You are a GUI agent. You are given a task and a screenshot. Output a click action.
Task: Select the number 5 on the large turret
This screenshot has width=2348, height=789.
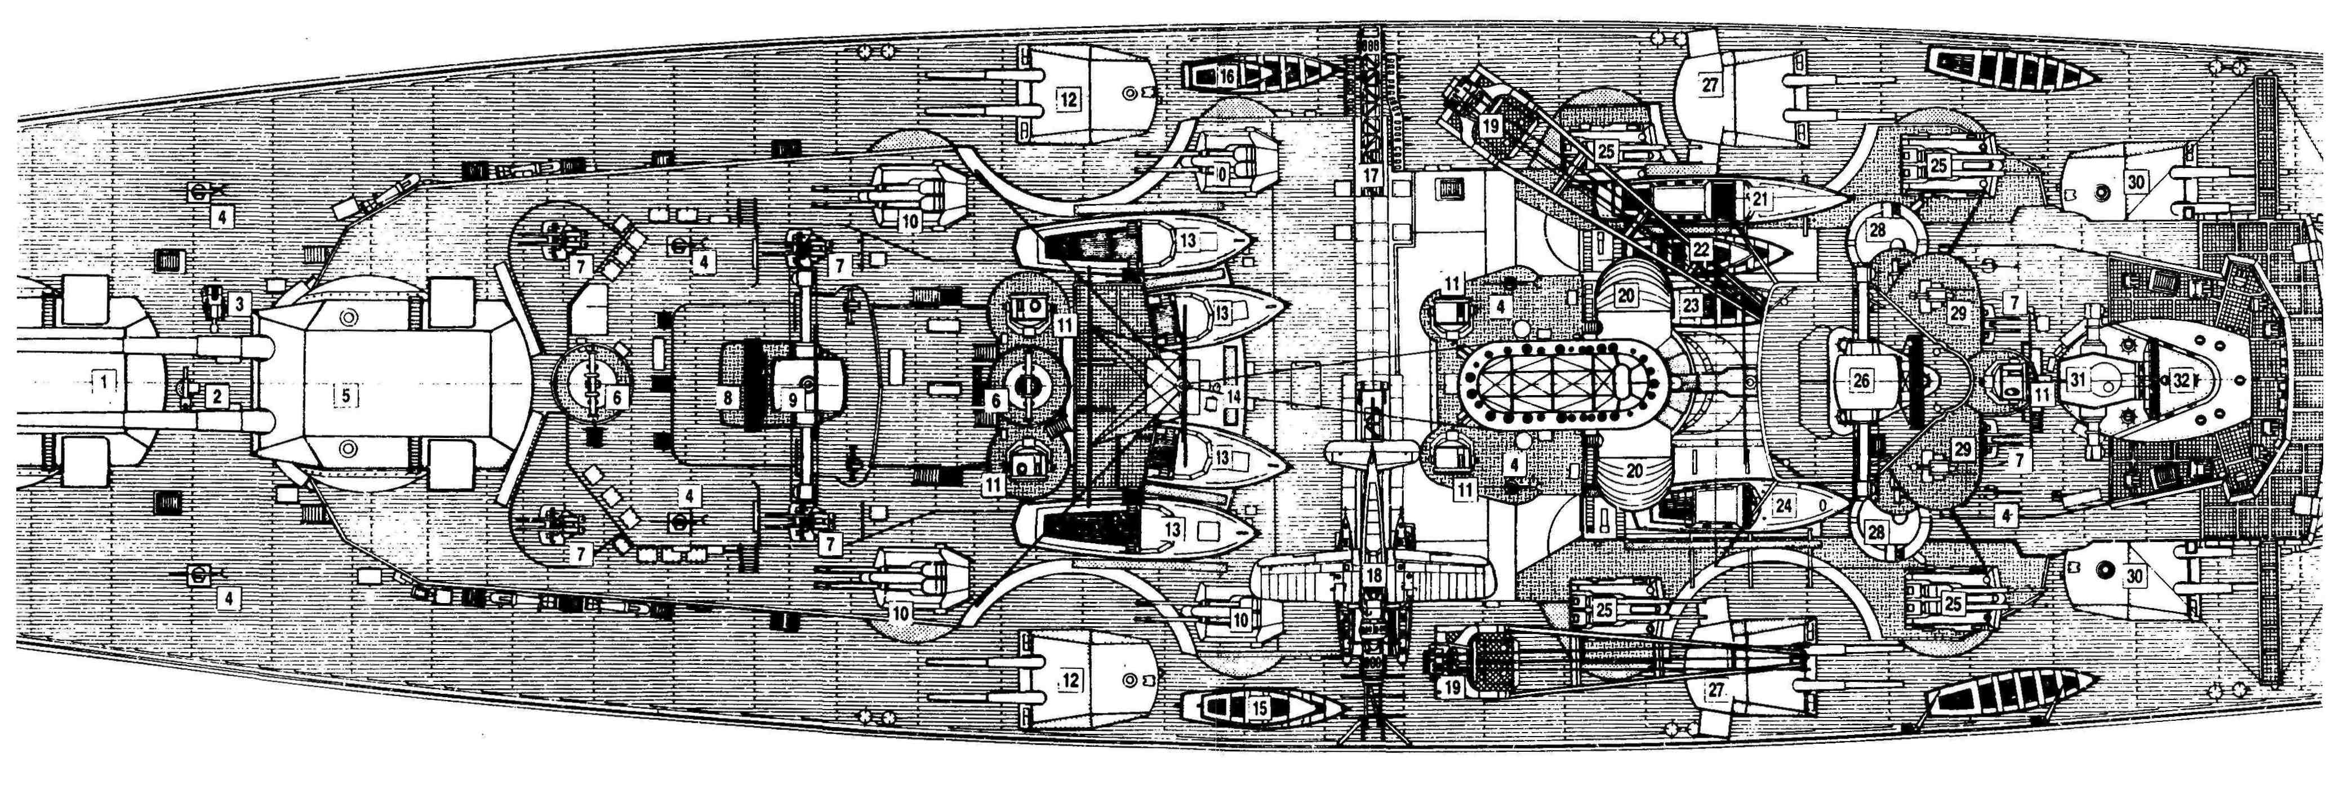tap(346, 395)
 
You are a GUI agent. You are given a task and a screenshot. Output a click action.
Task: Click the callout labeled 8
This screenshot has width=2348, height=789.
tap(727, 398)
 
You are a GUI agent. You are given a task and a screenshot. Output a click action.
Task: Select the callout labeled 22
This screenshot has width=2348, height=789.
tap(1700, 248)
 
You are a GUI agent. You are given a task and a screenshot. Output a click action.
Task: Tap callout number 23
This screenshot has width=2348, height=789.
tap(1691, 305)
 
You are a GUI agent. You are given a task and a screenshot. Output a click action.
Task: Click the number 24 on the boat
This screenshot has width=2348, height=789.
tap(1783, 504)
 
